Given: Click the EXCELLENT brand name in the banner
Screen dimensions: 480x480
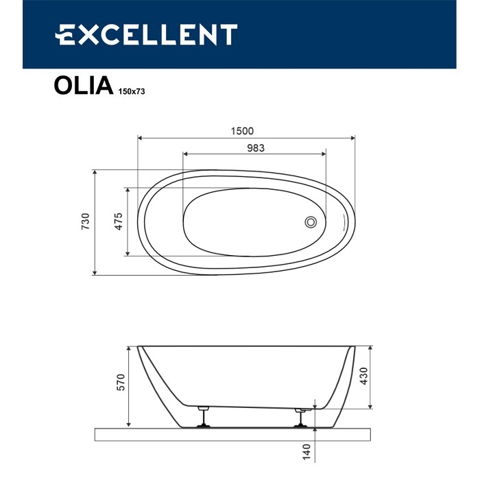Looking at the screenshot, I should [x=146, y=34].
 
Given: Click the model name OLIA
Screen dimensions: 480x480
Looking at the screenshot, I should [x=81, y=86].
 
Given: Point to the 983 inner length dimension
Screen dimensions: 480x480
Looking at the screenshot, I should [x=255, y=147].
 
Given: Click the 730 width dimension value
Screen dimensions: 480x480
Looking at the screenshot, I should [x=86, y=222].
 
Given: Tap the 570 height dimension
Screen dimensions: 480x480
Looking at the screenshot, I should [x=120, y=383].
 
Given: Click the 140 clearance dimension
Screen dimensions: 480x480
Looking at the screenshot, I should [x=307, y=452].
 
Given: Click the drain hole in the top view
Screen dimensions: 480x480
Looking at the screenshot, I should [x=311, y=221].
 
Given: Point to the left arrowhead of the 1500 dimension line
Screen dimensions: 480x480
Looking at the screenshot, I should [x=141, y=139].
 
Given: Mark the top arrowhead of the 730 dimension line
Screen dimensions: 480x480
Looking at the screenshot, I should [x=94, y=172].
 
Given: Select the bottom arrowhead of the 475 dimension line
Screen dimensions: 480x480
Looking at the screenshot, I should [x=126, y=254].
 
